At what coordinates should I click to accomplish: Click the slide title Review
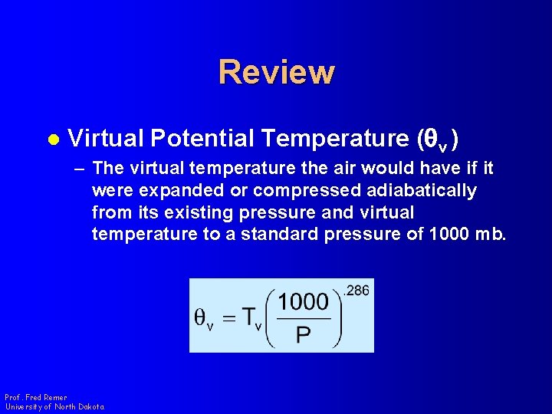[x=276, y=72]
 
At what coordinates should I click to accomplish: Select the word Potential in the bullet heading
[x=202, y=138]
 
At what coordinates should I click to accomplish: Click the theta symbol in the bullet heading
[x=431, y=139]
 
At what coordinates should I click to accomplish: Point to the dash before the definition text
[x=80, y=168]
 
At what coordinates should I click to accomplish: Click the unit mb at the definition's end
[x=491, y=235]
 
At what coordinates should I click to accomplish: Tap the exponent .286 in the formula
[x=356, y=291]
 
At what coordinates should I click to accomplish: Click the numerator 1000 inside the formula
[x=303, y=302]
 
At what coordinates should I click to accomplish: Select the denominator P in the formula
[x=303, y=336]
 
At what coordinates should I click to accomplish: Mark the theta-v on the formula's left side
[x=203, y=320]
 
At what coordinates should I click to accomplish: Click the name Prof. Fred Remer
[x=35, y=397]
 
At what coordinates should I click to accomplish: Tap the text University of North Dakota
[x=54, y=406]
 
